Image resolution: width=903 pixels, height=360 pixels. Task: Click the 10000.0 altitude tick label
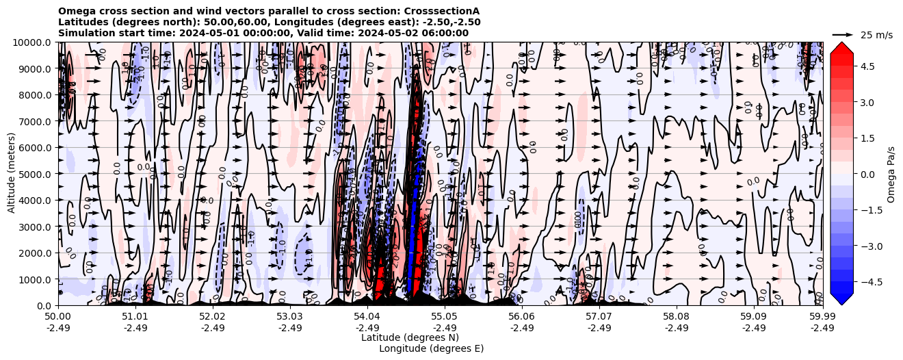(x=33, y=42)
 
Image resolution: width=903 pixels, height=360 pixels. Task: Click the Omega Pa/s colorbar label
(x=891, y=174)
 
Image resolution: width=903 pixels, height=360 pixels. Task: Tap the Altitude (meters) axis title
(x=12, y=174)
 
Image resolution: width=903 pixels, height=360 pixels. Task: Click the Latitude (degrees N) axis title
(x=410, y=337)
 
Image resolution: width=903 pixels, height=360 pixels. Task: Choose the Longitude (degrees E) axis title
(x=431, y=348)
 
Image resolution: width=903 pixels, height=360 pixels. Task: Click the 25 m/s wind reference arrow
(x=843, y=34)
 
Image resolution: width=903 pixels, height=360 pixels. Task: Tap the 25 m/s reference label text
(x=876, y=35)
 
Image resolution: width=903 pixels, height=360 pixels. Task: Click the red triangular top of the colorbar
(x=841, y=49)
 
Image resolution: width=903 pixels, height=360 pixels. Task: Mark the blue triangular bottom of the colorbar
(x=841, y=298)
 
